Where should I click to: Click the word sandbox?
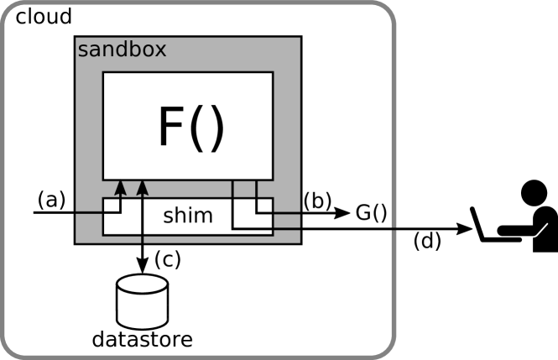pos(121,49)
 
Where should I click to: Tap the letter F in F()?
pos(171,128)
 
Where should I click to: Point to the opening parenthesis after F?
pos(197,128)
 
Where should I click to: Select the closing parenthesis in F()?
pos(216,128)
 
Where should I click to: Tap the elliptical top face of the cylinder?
pos(142,284)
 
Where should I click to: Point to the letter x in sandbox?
pos(159,50)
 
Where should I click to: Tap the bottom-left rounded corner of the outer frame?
pos(10,348)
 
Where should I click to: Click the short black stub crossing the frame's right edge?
pos(395,227)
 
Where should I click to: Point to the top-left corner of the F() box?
pos(103,73)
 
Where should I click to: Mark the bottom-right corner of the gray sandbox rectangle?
pos(300,242)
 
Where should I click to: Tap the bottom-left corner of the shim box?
pos(103,234)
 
